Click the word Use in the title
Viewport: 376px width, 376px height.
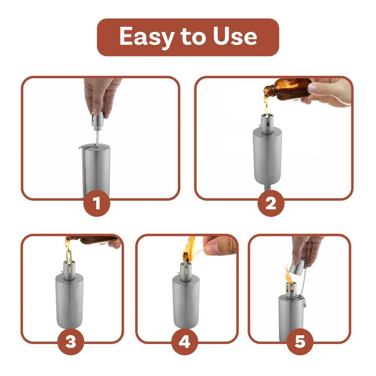tap(235, 37)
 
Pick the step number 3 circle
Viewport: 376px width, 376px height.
tap(71, 342)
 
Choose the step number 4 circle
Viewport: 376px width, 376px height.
tap(185, 342)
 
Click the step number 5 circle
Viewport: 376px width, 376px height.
tap(300, 342)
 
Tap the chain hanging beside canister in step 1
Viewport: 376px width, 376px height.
tap(84, 169)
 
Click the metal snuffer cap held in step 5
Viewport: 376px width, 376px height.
tap(297, 268)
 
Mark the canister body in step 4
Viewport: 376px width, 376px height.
tap(186, 301)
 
